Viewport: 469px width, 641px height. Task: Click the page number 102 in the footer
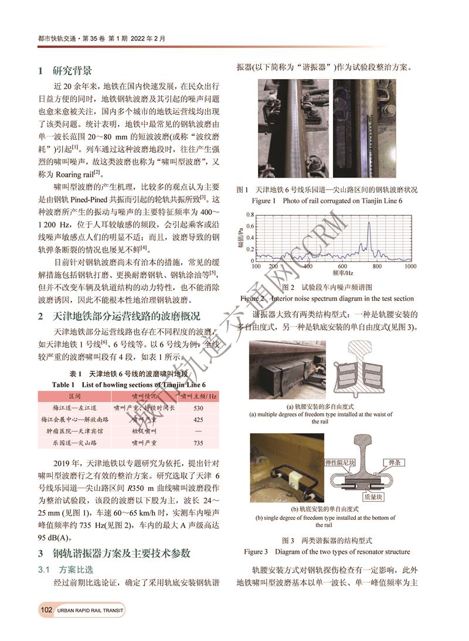[x=46, y=611]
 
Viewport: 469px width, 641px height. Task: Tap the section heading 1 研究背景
[x=65, y=71]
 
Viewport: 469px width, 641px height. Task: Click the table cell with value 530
[x=198, y=408]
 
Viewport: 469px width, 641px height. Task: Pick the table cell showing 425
[x=198, y=420]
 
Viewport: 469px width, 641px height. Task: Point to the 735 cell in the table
[x=198, y=443]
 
